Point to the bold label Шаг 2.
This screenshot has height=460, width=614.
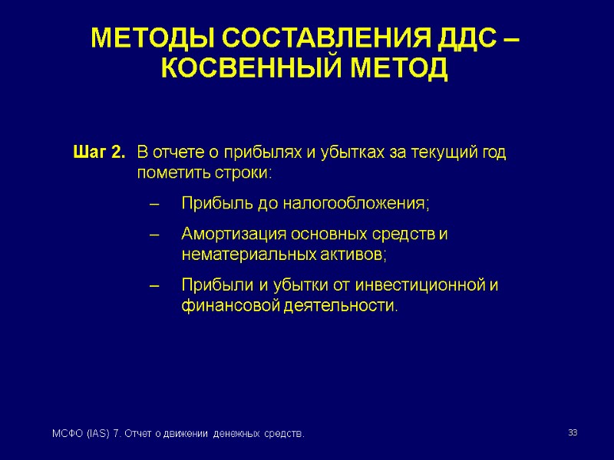click(98, 153)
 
